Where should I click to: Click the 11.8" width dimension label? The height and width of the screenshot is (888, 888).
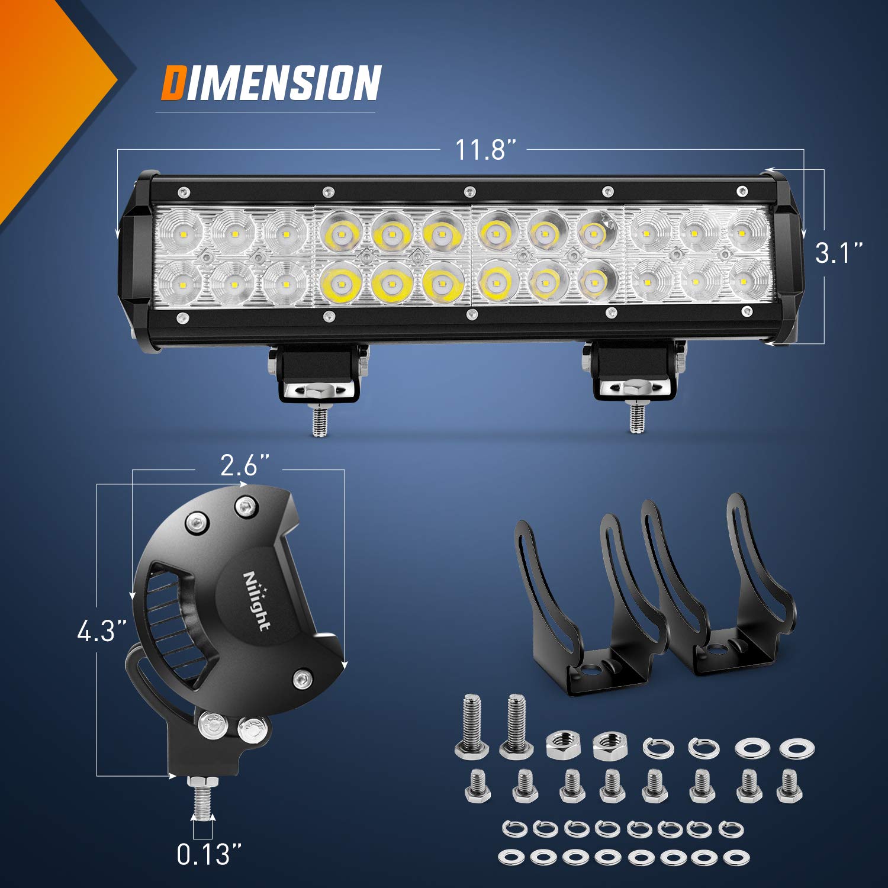tap(481, 150)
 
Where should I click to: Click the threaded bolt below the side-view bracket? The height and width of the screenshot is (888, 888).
tap(202, 799)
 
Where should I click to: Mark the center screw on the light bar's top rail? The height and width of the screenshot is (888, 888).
tap(469, 191)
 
